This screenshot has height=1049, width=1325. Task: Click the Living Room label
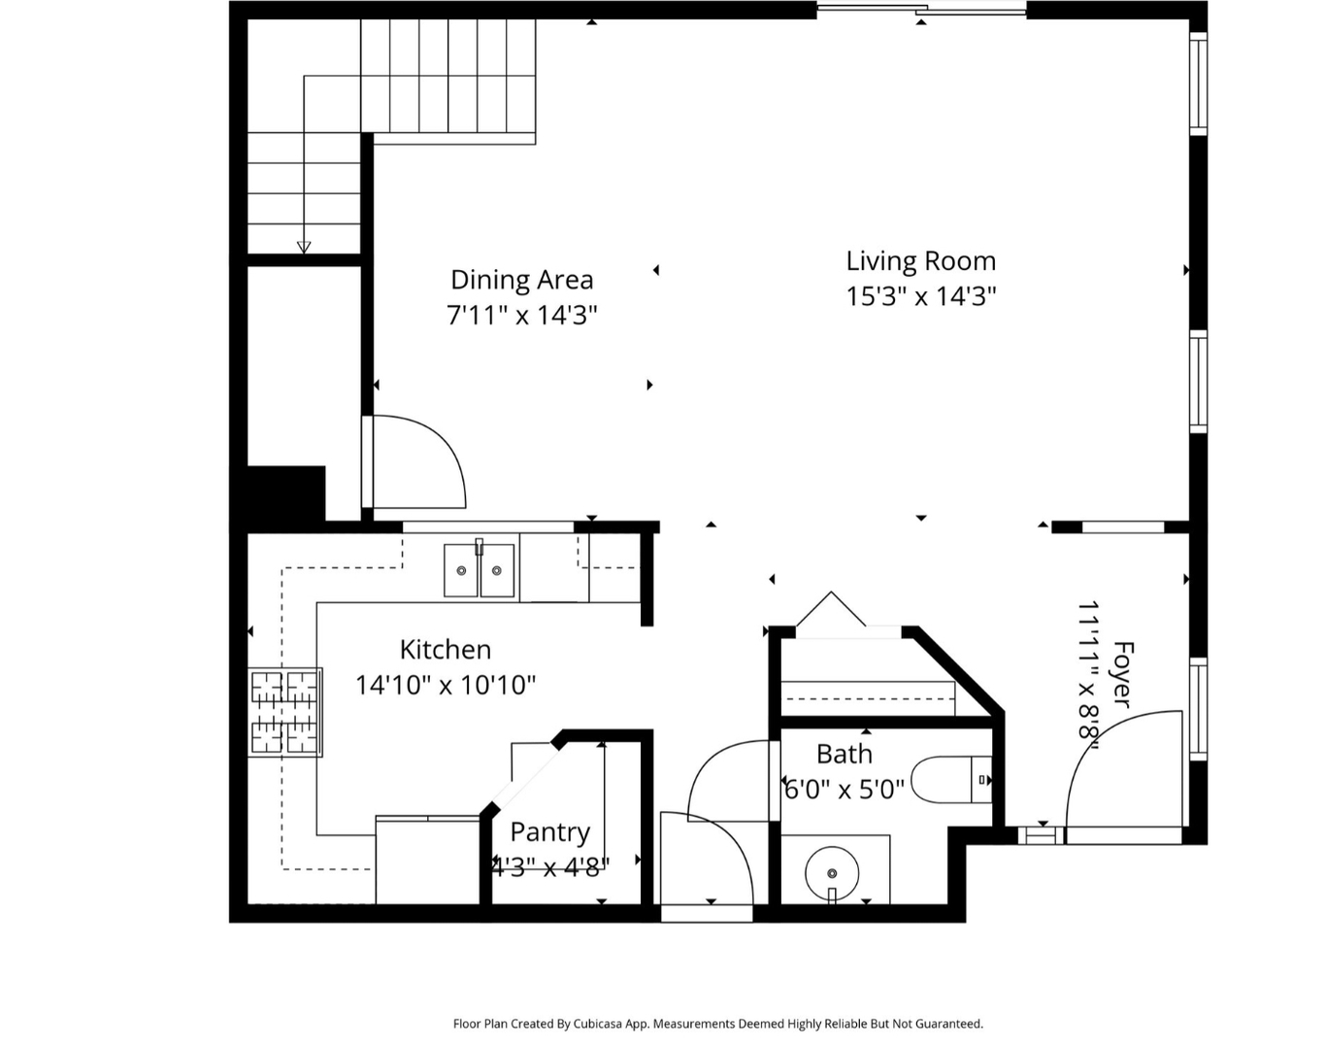click(x=920, y=261)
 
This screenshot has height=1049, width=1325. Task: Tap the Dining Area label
click(x=521, y=280)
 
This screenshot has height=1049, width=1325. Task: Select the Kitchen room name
click(x=445, y=650)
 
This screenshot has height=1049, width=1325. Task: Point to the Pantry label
click(x=549, y=832)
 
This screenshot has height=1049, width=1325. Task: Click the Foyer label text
click(x=1121, y=674)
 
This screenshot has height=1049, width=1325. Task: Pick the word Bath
click(x=844, y=755)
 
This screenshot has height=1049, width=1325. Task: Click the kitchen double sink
click(x=479, y=570)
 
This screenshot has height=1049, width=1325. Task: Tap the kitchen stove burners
click(x=285, y=712)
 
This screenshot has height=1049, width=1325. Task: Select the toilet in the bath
click(x=951, y=779)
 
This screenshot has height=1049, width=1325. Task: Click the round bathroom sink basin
click(x=832, y=871)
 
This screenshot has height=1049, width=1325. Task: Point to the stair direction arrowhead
click(x=304, y=247)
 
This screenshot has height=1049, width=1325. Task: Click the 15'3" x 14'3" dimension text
click(x=920, y=296)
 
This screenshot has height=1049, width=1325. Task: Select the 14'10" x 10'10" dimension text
click(x=445, y=686)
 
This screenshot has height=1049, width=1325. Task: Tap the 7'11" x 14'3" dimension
click(x=521, y=316)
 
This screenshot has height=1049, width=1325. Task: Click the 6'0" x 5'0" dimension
click(x=844, y=790)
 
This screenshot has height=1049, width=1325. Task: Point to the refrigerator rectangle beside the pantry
click(x=427, y=861)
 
